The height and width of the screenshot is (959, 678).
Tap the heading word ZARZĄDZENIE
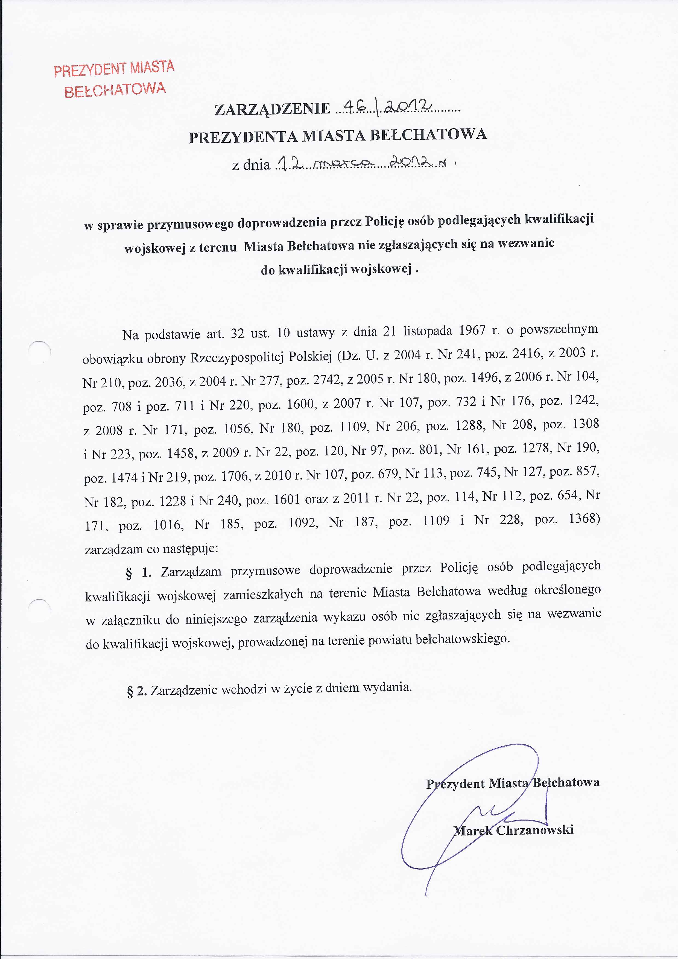272,109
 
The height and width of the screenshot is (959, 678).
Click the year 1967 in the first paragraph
472,331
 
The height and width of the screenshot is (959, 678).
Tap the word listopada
426,331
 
